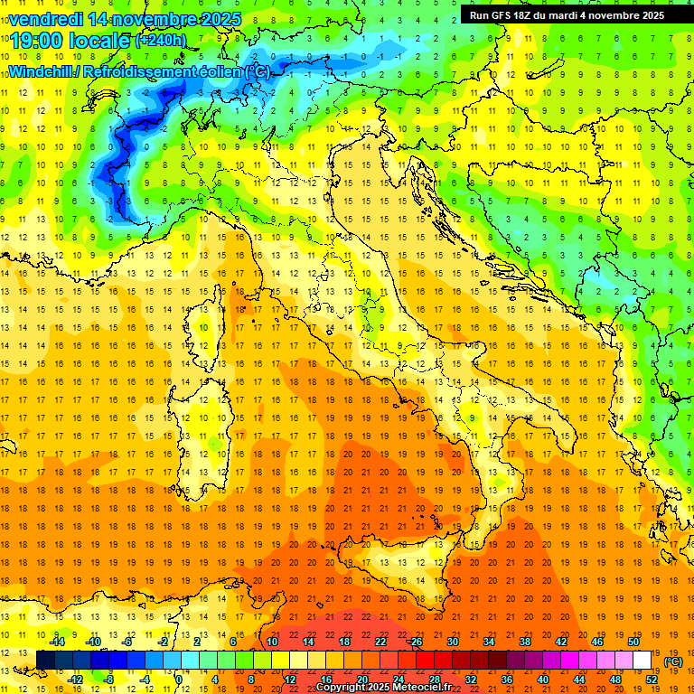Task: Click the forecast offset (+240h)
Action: pos(160,41)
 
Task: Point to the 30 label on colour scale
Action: pos(452,642)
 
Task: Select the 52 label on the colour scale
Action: pos(652,680)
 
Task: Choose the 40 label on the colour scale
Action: pos(542,680)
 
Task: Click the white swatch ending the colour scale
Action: pos(642,661)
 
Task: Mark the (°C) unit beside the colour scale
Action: pos(673,661)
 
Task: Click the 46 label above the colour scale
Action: pos(596,642)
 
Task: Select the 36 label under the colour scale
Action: pos(506,680)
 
